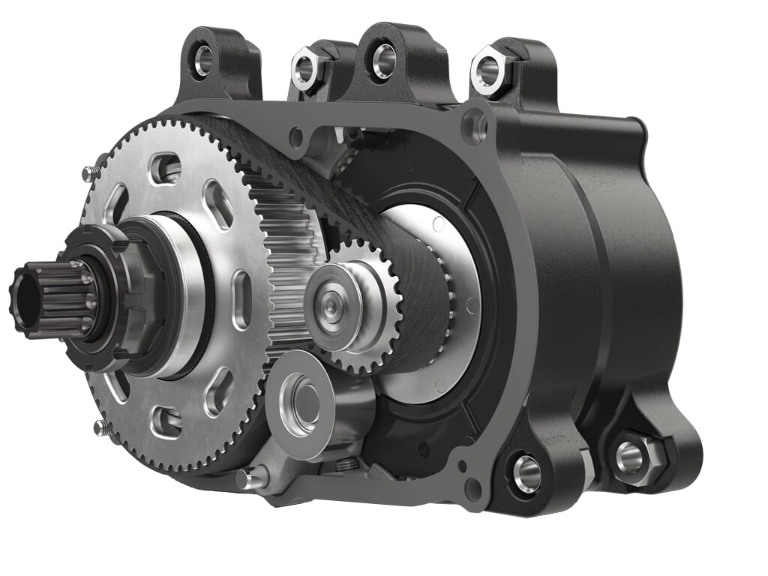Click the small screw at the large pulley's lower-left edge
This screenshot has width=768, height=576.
point(101,427)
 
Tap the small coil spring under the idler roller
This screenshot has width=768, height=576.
point(344,466)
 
